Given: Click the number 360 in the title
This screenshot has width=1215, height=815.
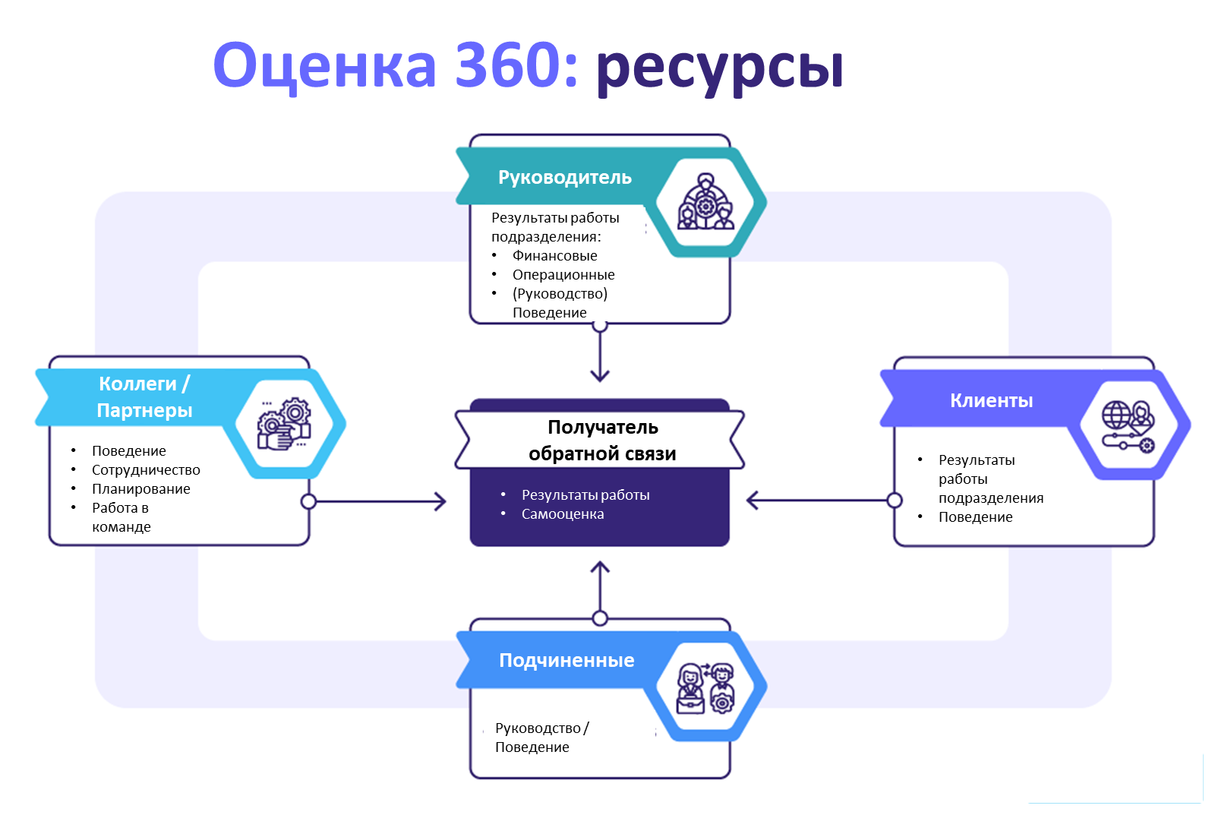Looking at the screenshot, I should [x=507, y=65].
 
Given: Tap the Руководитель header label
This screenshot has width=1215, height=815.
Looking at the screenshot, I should [x=564, y=177].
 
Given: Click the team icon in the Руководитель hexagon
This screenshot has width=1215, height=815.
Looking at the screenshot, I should [x=705, y=202].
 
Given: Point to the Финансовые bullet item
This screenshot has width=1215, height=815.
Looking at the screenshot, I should [x=554, y=256].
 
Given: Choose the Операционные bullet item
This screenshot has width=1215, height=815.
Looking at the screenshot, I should [x=563, y=275].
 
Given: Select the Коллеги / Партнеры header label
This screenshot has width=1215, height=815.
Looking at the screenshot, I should [x=144, y=396].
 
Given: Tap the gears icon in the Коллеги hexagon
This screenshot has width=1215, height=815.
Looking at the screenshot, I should [x=284, y=424].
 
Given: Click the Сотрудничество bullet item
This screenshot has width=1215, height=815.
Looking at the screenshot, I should [x=146, y=470].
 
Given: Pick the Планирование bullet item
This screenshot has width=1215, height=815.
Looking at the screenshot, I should [x=140, y=489].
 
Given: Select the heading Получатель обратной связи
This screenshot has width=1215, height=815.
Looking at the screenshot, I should [x=602, y=440].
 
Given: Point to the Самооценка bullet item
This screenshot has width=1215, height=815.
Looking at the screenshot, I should [x=562, y=514].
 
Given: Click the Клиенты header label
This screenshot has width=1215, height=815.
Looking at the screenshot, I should [x=991, y=400].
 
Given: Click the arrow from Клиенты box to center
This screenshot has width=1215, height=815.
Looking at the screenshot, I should [x=820, y=500].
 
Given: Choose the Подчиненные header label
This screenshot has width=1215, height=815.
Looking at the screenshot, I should [x=566, y=660].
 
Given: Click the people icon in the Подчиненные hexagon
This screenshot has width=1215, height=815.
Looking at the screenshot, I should [x=705, y=687].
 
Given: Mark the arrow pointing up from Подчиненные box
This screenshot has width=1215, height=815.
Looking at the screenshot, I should [x=600, y=589].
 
